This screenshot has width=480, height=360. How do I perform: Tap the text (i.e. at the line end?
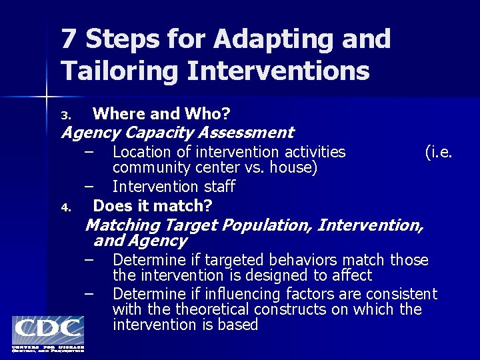click(x=439, y=152)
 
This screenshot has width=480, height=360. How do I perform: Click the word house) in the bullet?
click(x=291, y=167)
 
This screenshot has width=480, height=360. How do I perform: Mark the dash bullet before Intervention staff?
click(x=89, y=186)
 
